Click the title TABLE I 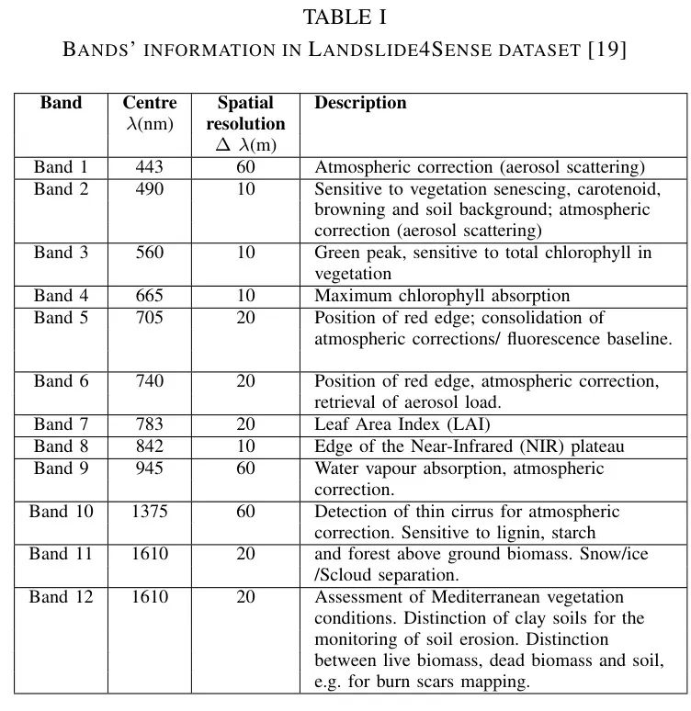click(x=345, y=17)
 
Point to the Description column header click(x=360, y=103)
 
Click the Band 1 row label click(x=61, y=167)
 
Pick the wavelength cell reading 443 click(x=149, y=167)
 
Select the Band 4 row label click(x=61, y=296)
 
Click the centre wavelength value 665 click(x=149, y=296)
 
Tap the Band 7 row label click(x=61, y=424)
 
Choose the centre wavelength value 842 click(x=149, y=446)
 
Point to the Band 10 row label click(x=61, y=512)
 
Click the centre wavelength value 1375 click(x=149, y=512)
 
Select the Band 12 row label click(x=61, y=597)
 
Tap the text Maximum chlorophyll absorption click(x=442, y=296)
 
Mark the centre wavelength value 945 click(x=149, y=468)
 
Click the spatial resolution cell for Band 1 click(x=245, y=167)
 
